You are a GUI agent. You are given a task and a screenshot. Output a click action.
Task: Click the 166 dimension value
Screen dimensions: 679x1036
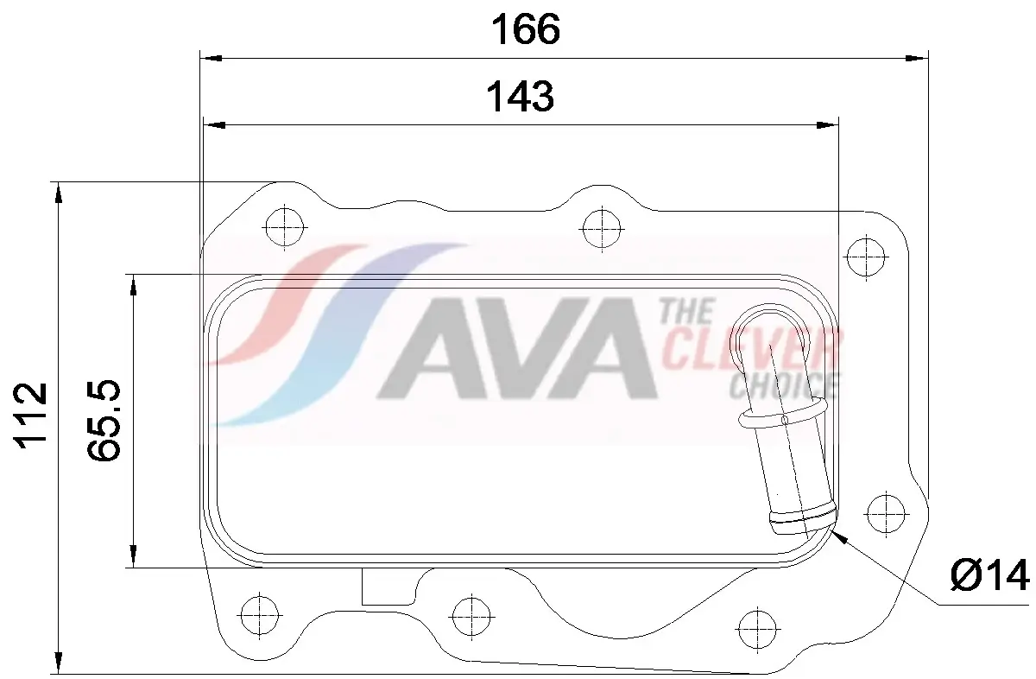click(525, 30)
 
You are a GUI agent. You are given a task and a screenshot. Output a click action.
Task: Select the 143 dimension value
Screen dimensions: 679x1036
click(520, 97)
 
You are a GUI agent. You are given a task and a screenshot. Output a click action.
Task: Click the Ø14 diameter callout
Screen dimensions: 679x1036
click(989, 575)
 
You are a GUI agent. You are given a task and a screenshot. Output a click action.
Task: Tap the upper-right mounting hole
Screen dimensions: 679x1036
click(865, 256)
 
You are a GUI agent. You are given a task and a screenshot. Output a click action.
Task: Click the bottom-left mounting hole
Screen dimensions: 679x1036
click(257, 615)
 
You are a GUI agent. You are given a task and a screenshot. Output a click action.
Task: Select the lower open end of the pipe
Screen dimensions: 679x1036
click(803, 523)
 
